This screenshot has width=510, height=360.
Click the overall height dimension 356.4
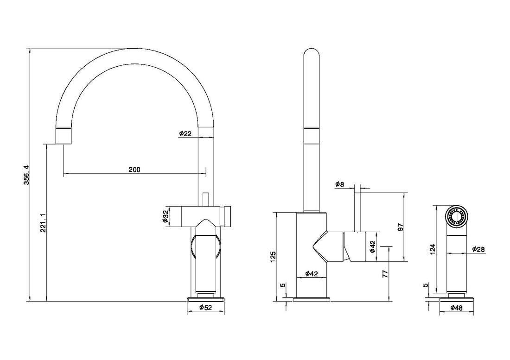[x=27, y=175]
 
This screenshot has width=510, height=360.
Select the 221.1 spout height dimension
[x=43, y=223]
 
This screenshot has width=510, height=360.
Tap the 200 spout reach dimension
[x=134, y=169]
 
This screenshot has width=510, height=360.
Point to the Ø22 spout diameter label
[x=185, y=133]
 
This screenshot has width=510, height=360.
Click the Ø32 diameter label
[x=166, y=216]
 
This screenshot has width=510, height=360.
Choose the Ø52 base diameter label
[x=205, y=307]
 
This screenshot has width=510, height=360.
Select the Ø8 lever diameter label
[x=339, y=184]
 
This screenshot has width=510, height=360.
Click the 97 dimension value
[x=401, y=227]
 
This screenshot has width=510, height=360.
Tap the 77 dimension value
[x=385, y=273]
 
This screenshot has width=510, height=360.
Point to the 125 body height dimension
[x=273, y=257]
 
